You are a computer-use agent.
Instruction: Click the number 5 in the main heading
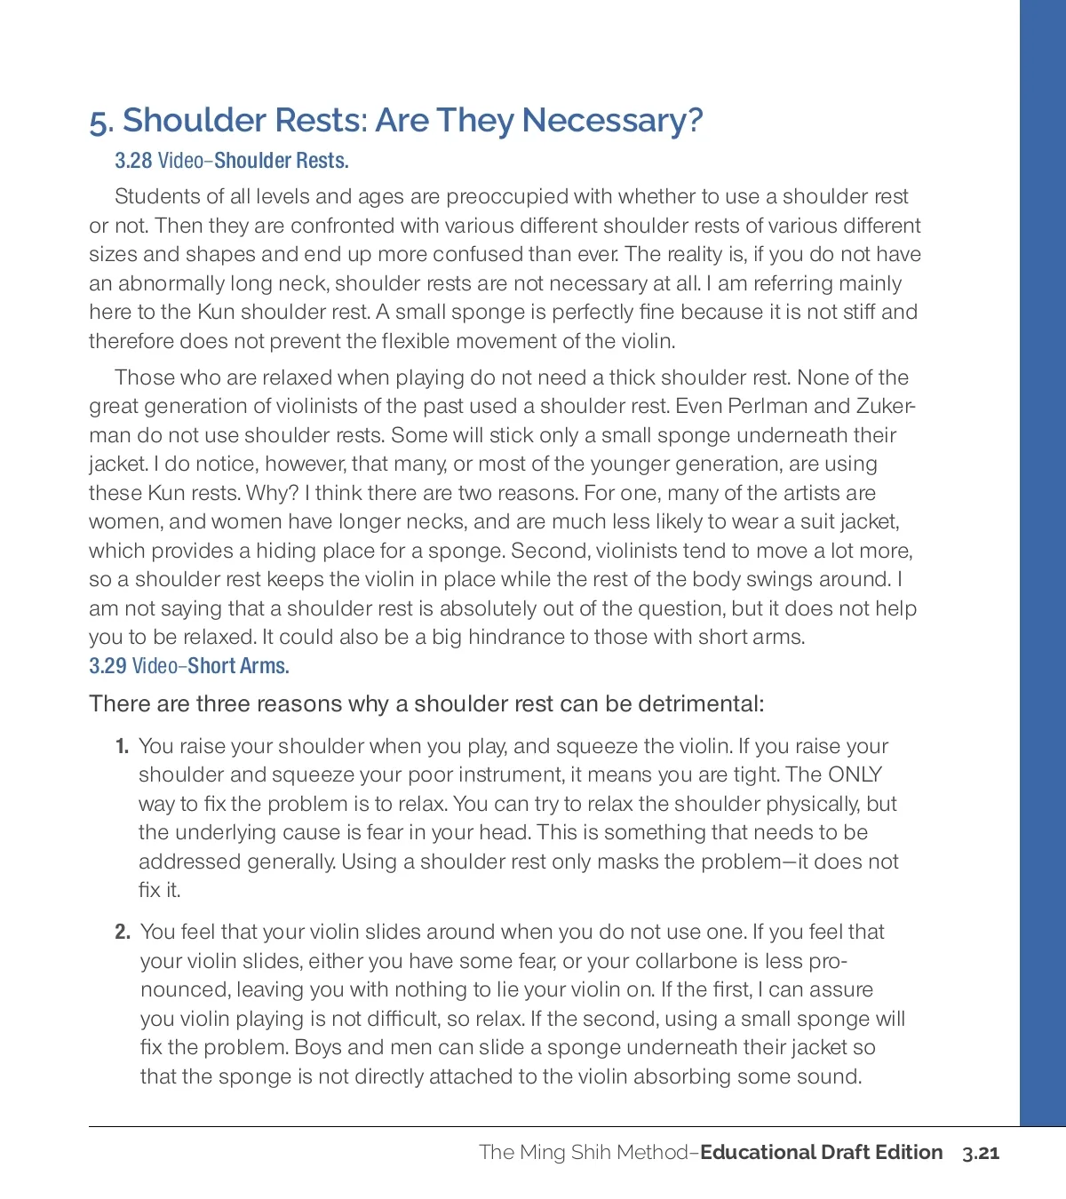99,122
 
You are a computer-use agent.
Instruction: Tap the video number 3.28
133,161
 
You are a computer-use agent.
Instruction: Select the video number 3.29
107,666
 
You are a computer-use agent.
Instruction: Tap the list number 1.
122,747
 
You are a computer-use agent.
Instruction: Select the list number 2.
122,932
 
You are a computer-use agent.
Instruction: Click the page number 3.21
981,1153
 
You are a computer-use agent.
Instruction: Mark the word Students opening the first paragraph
157,196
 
